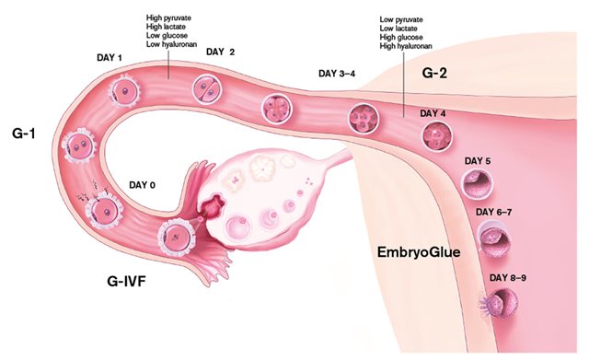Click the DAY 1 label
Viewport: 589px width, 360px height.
(x=109, y=58)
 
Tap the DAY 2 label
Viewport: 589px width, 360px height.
(x=221, y=52)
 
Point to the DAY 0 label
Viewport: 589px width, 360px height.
(x=139, y=184)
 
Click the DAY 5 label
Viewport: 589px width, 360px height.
(x=477, y=161)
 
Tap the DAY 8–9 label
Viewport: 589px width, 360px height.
(x=507, y=277)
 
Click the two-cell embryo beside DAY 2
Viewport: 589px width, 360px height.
(x=205, y=88)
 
